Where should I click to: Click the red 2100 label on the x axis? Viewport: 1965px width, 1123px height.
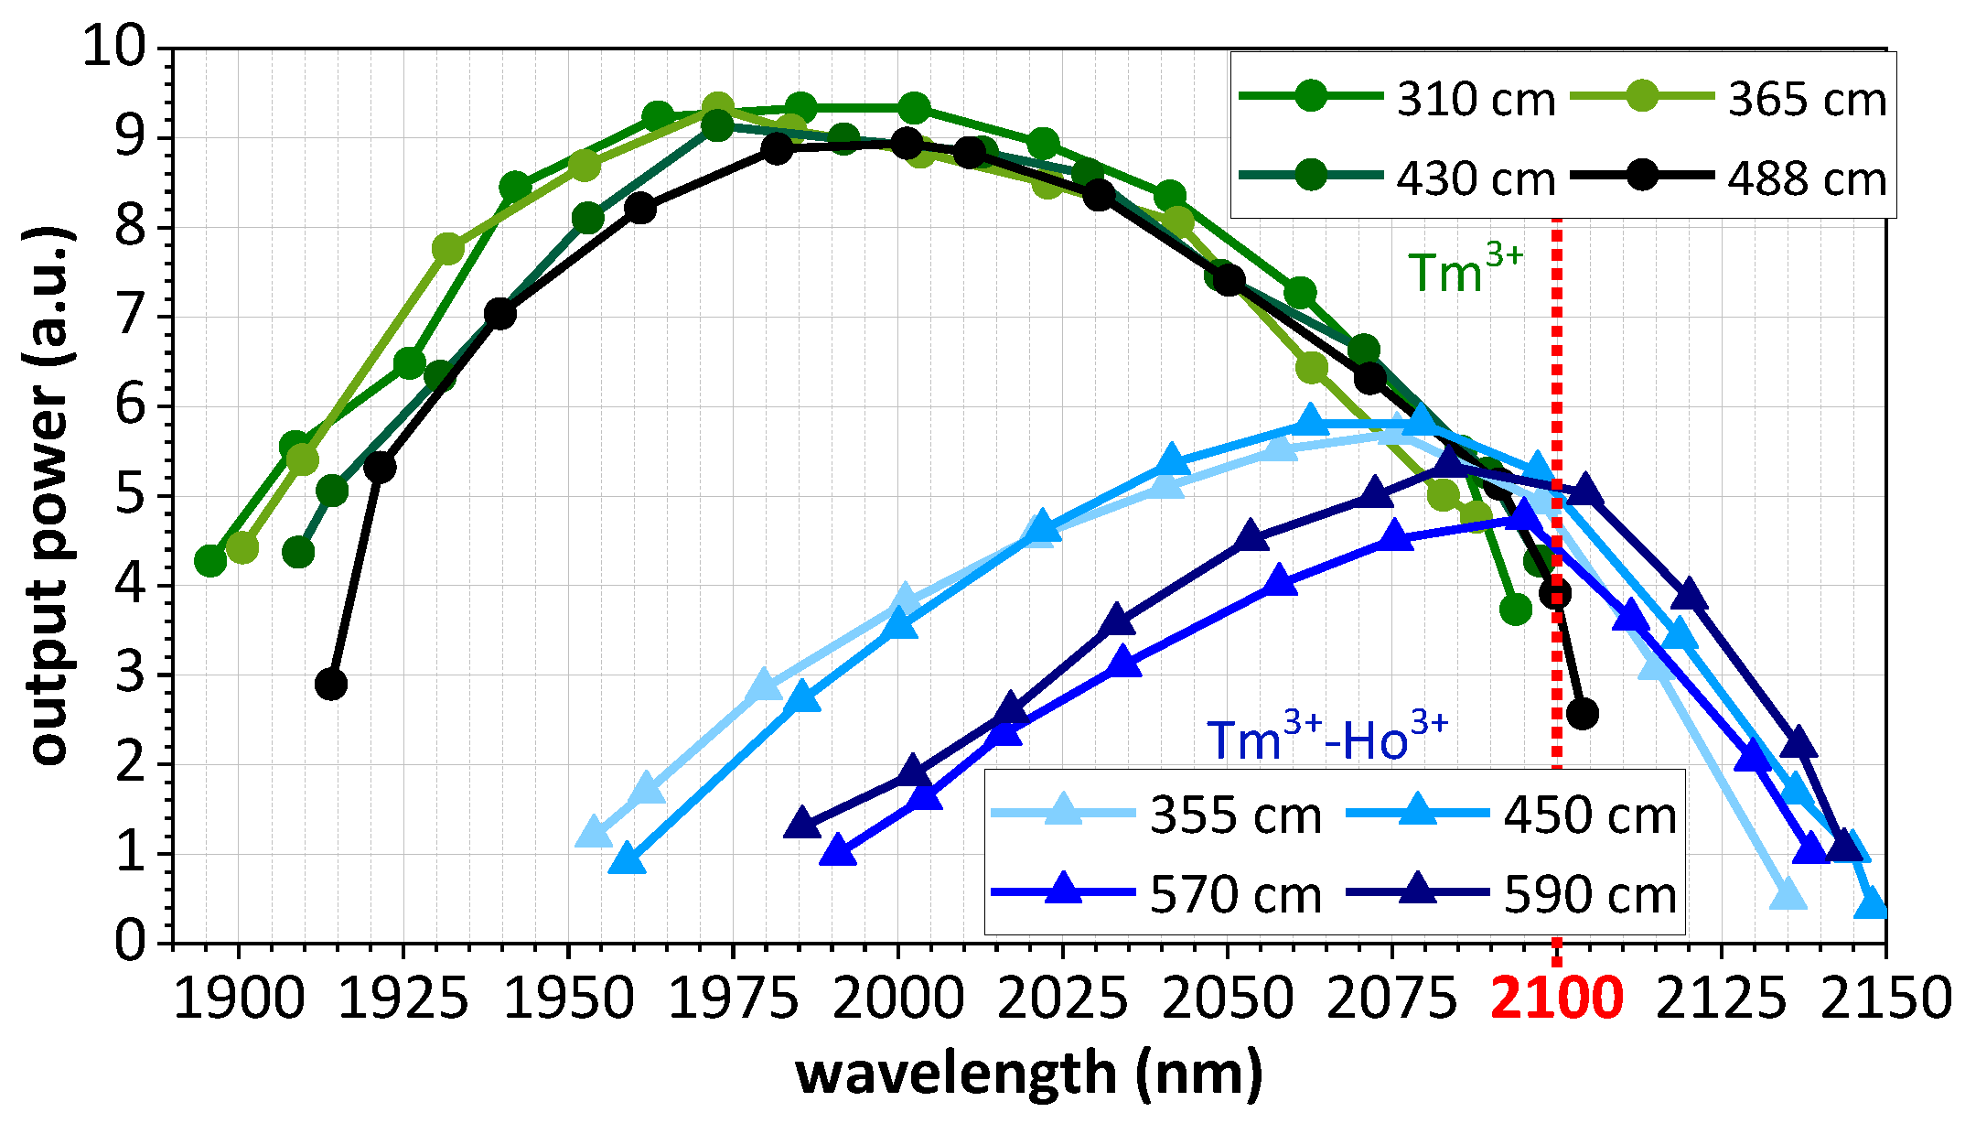[x=1557, y=999]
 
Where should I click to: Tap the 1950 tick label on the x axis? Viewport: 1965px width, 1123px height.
[x=568, y=999]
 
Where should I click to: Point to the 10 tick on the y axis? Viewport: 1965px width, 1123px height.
[x=114, y=46]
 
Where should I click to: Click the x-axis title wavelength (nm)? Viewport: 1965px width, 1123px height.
[x=1029, y=1074]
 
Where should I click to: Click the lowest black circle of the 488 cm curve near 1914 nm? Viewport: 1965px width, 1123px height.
[x=331, y=684]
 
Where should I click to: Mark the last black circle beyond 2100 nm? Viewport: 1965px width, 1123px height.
[x=1582, y=713]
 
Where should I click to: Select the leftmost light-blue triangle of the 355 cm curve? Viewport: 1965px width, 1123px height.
[x=594, y=833]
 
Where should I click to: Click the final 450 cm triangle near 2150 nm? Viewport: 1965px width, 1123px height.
[x=1872, y=903]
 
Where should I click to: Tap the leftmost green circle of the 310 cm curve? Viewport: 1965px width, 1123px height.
[x=210, y=560]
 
